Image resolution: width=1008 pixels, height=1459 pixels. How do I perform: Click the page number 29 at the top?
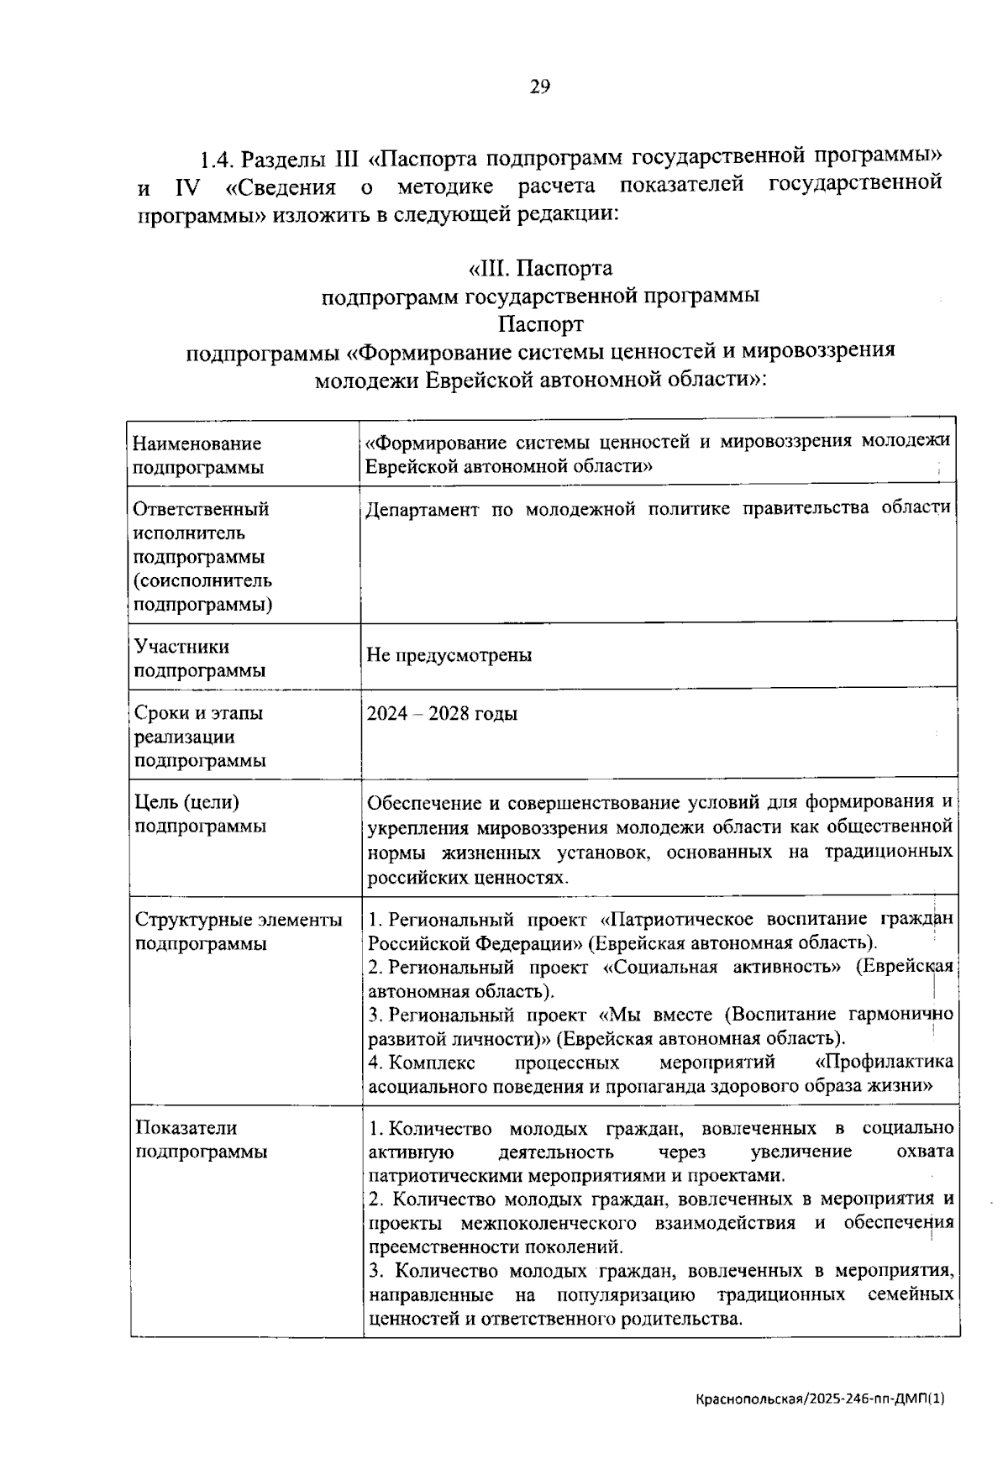540,87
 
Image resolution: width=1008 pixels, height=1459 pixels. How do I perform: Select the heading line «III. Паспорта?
540,269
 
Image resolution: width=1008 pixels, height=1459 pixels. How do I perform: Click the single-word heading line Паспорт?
540,323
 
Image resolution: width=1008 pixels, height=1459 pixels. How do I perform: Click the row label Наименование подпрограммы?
197,454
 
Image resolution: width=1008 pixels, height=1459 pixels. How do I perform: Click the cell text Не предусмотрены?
449,655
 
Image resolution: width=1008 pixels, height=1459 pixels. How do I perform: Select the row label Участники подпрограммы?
200,659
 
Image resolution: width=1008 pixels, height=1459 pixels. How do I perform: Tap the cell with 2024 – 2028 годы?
442,714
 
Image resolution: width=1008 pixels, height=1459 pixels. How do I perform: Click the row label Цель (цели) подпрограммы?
201,814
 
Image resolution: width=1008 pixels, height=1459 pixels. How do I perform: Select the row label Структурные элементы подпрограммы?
239,931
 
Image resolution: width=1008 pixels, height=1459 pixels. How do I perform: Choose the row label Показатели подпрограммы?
201,1139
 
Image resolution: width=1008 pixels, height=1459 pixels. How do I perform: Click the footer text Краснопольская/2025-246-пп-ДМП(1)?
820,1399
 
